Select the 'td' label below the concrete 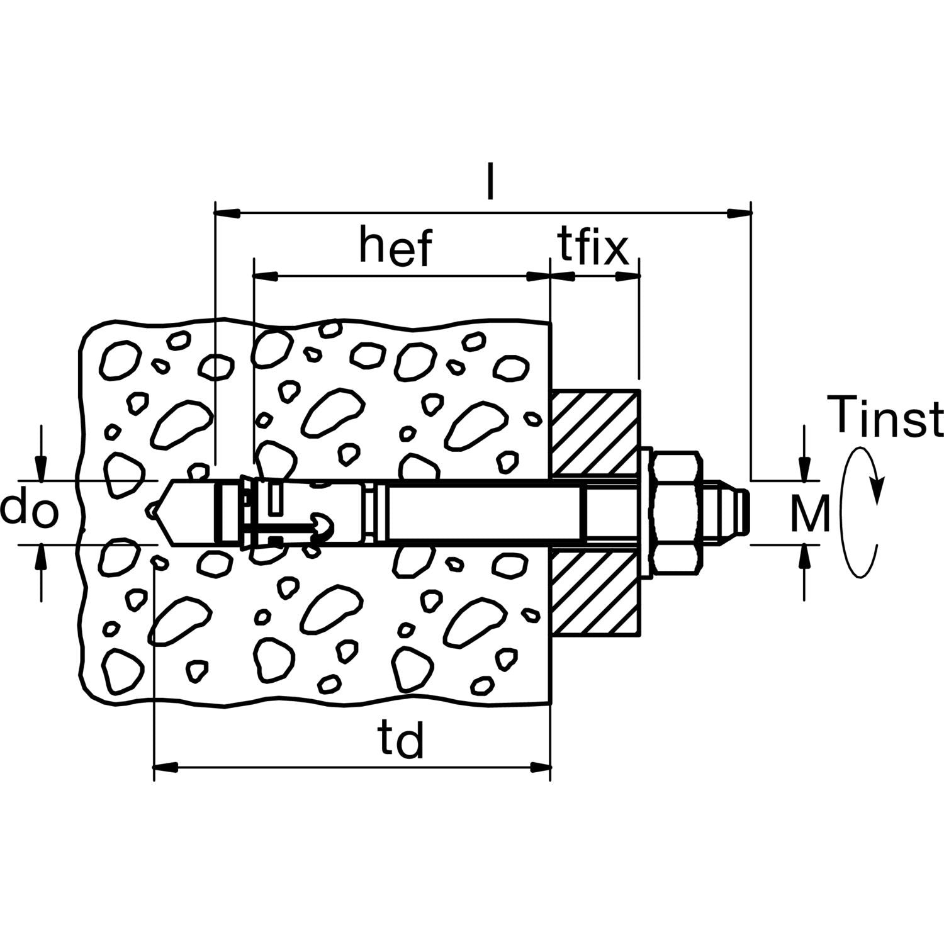coord(401,739)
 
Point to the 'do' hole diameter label coord(29,511)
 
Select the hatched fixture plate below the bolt coord(596,590)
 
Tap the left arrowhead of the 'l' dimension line coord(227,213)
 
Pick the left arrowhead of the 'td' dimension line coord(166,767)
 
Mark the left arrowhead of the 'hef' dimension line coord(265,275)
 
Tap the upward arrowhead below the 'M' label coord(804,556)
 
